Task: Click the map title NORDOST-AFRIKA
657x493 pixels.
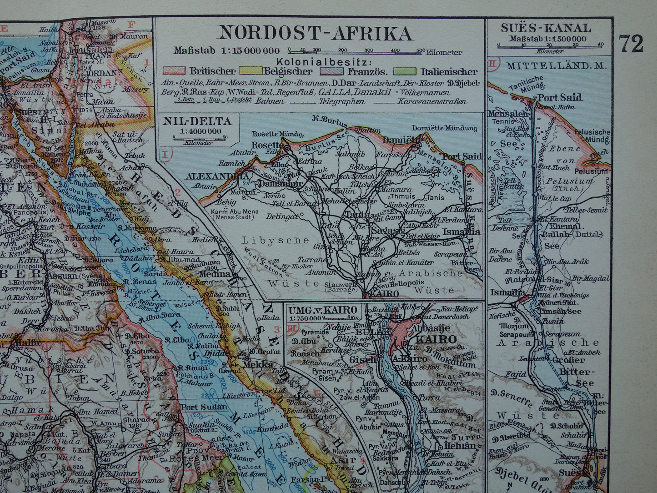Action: click(316, 33)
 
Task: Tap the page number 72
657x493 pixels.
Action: click(631, 44)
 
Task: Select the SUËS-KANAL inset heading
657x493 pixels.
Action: click(546, 28)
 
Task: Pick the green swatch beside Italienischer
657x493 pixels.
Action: click(405, 71)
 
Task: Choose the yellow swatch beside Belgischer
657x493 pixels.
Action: click(248, 71)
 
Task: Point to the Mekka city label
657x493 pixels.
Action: click(257, 364)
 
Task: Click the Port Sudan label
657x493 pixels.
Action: click(203, 407)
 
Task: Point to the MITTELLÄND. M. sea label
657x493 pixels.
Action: click(557, 65)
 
